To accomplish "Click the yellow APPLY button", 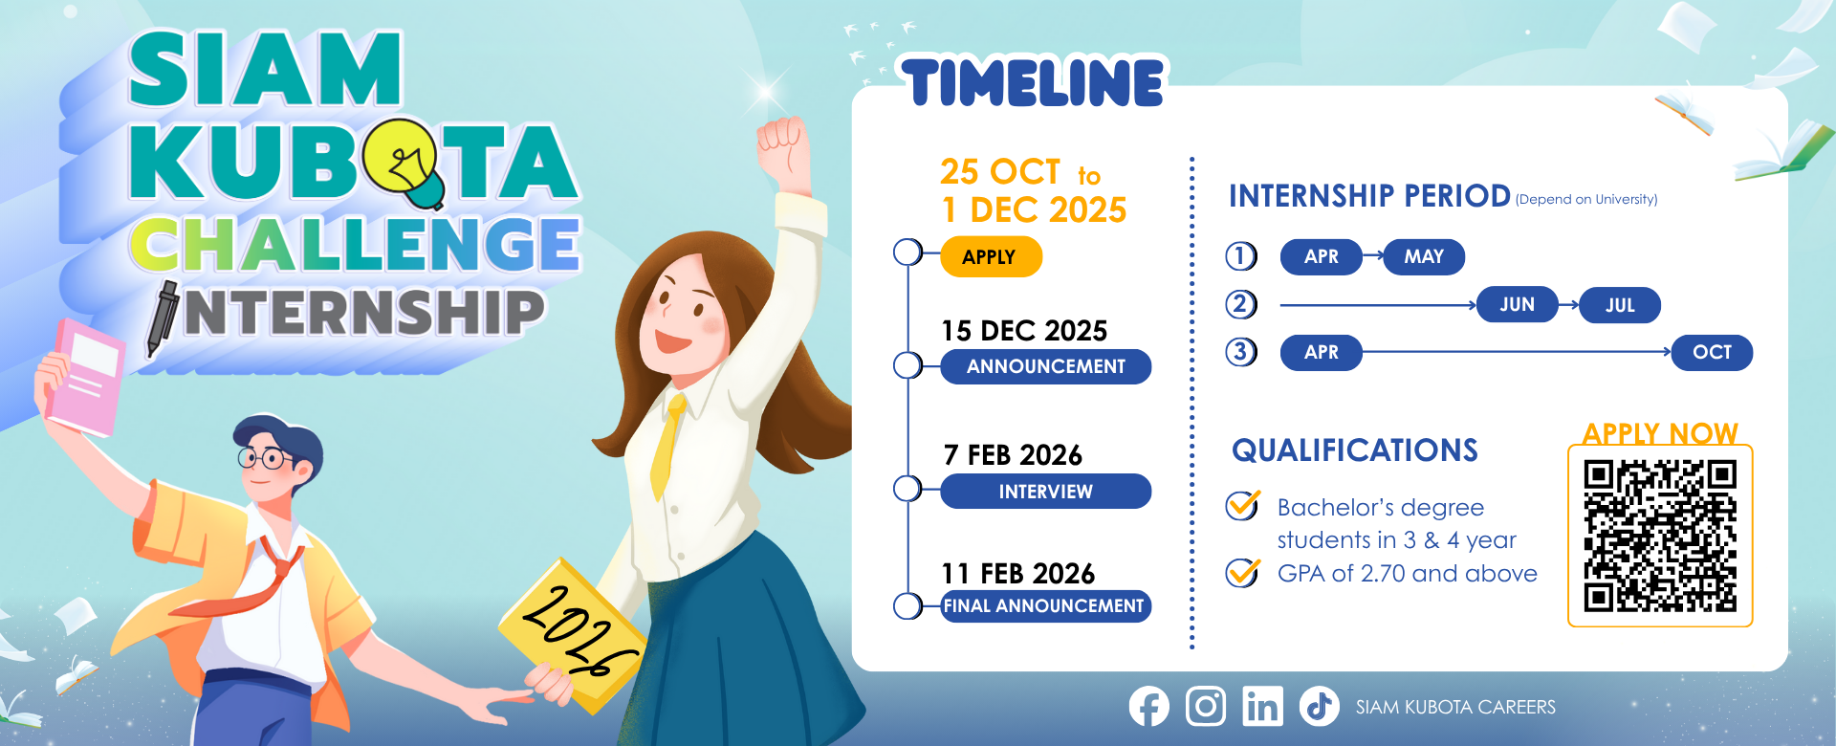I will (991, 256).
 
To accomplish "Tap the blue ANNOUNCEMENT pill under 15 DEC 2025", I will (1045, 366).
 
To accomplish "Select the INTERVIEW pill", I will (1045, 492).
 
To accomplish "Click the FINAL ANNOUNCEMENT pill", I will (1045, 605).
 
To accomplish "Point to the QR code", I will (1659, 536).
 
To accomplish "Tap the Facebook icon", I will (1148, 707).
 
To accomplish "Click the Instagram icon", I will (1205, 707).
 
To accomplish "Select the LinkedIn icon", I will (1262, 707).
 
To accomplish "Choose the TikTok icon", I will (1319, 707).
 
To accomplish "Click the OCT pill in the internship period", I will (1712, 352).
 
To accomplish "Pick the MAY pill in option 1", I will (1423, 256).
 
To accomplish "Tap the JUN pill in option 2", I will (1517, 304).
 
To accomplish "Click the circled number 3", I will (1241, 352).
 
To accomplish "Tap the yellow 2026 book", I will (574, 631).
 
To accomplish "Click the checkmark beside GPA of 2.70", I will (1242, 573).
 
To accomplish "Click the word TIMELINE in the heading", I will (1033, 82).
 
